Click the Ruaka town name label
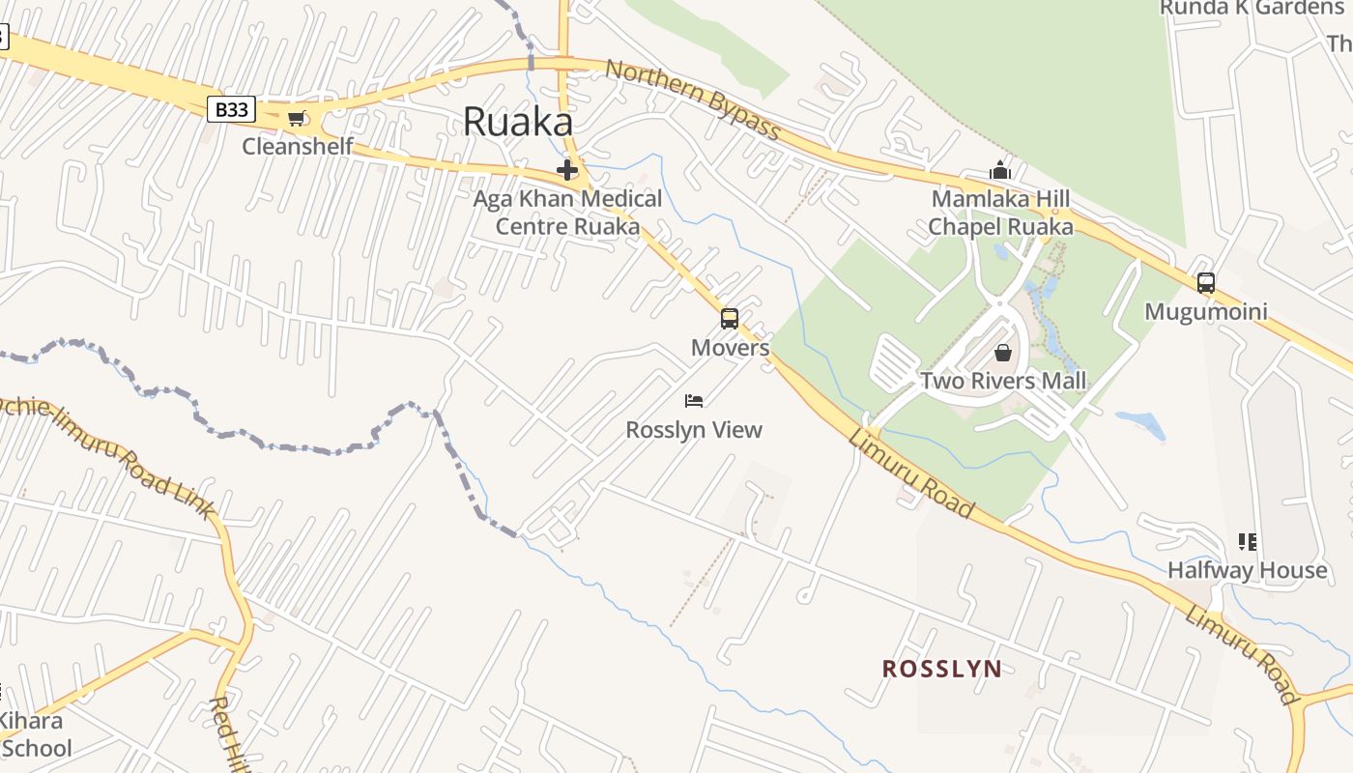(x=518, y=123)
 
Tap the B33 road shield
(x=231, y=109)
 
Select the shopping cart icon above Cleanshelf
(x=296, y=119)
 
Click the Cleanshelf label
(x=298, y=147)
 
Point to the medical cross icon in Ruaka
(x=567, y=171)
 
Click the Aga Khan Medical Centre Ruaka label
(x=567, y=213)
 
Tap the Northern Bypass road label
(x=692, y=100)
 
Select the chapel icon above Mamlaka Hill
(x=999, y=171)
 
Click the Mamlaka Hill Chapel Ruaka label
(x=1000, y=213)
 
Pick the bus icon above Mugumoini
(x=1205, y=283)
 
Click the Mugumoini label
(x=1205, y=312)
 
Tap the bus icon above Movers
(x=730, y=318)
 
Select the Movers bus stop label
(x=730, y=348)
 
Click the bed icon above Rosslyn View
(x=694, y=400)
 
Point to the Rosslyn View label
(x=694, y=430)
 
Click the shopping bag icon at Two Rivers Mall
(x=1003, y=353)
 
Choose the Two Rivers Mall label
(x=1003, y=381)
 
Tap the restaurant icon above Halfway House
(x=1247, y=541)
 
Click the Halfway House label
(x=1247, y=570)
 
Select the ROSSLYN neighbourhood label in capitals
(x=942, y=669)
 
